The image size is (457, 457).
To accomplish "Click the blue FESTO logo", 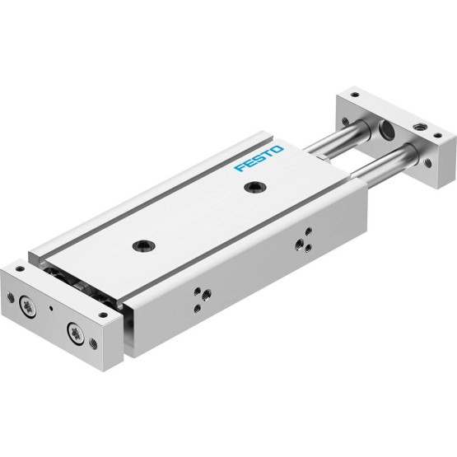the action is pyautogui.click(x=259, y=159).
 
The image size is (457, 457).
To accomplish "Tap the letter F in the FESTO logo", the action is pyautogui.click(x=240, y=168).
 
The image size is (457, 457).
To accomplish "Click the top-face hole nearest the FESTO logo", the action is pyautogui.click(x=255, y=186).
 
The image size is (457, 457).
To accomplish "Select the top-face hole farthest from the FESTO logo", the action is pyautogui.click(x=143, y=245).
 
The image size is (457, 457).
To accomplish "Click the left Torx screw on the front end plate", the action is pyautogui.click(x=28, y=307).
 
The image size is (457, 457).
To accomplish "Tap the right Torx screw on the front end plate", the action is pyautogui.click(x=75, y=333).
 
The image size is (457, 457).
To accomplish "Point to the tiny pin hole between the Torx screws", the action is pyautogui.click(x=52, y=308).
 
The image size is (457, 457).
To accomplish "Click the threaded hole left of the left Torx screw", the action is pyautogui.click(x=11, y=296).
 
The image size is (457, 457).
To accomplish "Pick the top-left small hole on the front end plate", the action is pyautogui.click(x=20, y=268).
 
